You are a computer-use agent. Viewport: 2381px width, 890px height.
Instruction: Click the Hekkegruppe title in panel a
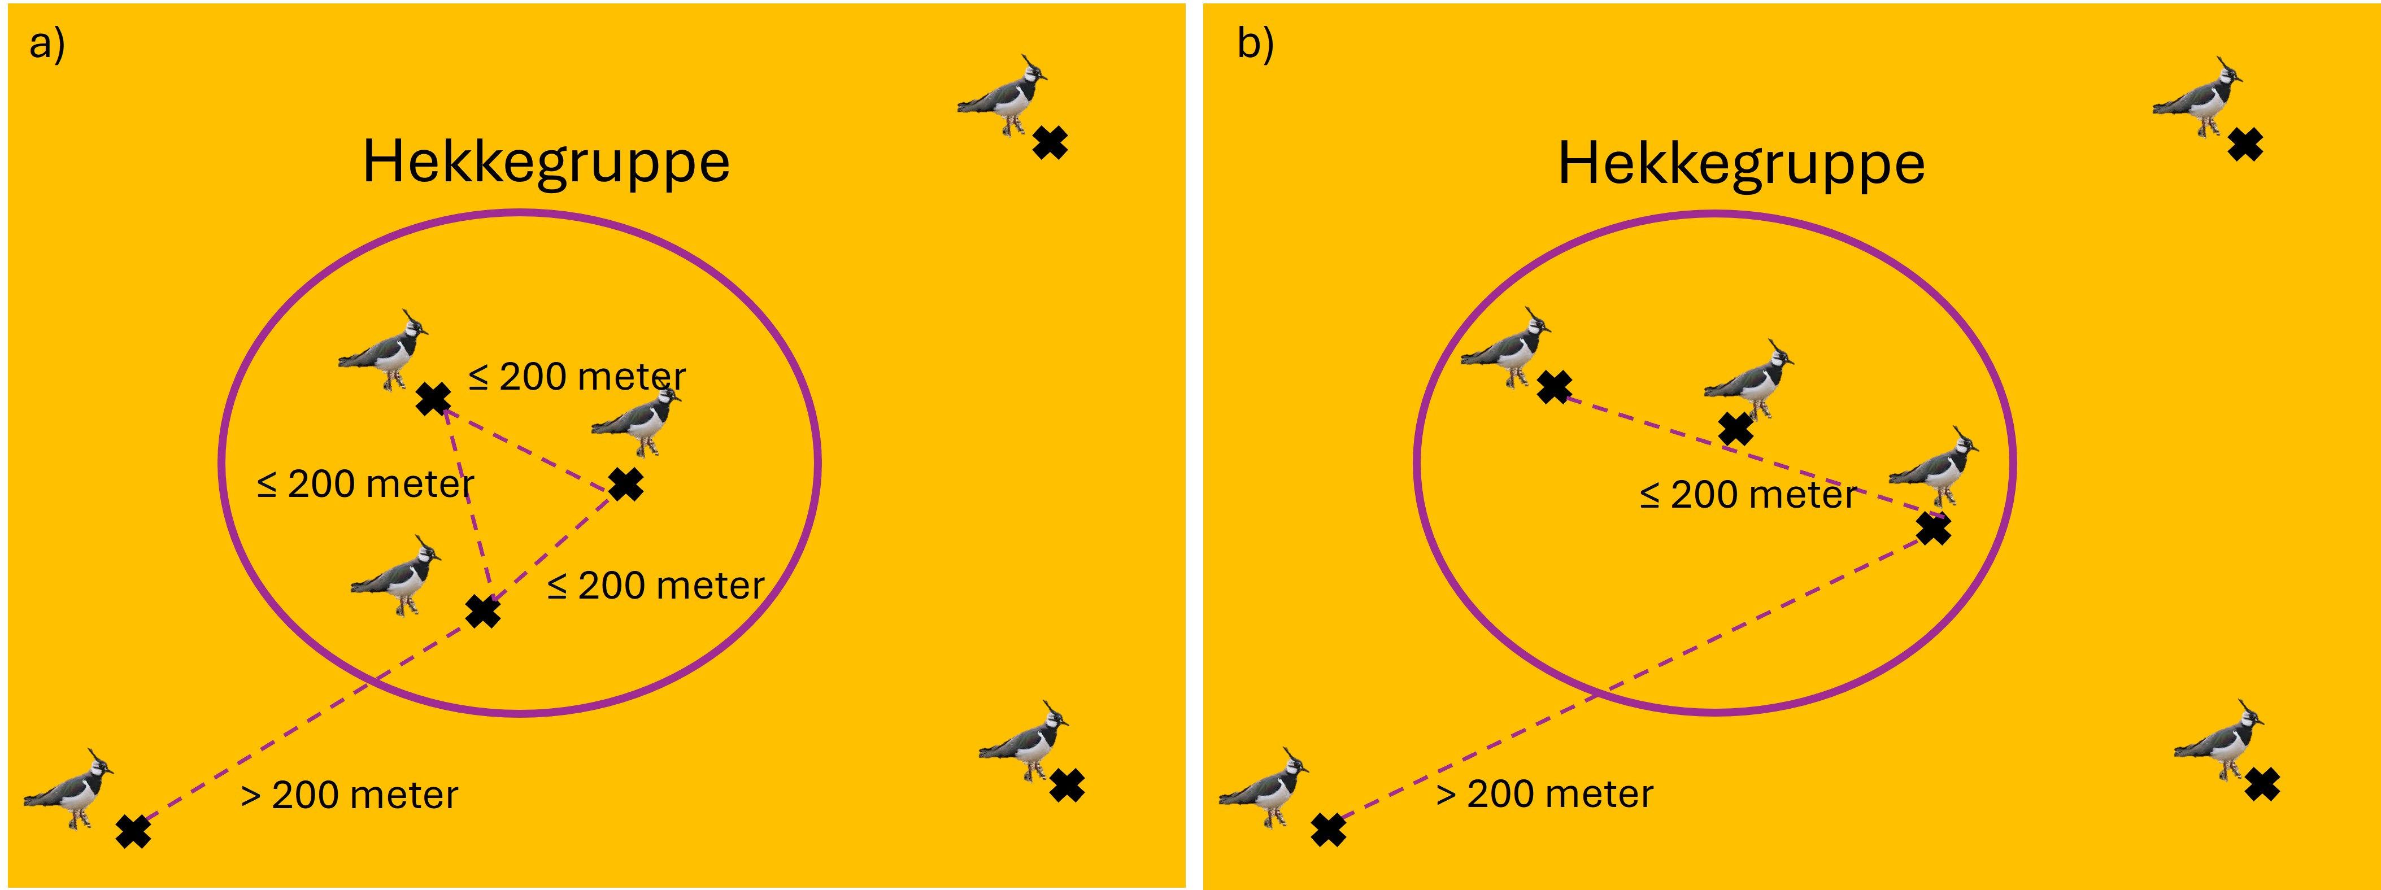546,163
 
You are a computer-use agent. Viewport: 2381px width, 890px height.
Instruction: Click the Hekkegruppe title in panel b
1742,164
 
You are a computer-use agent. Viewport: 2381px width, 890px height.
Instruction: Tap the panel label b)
1255,43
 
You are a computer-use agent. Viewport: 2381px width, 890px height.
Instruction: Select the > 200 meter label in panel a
350,795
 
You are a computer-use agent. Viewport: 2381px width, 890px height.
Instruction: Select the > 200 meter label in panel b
1544,794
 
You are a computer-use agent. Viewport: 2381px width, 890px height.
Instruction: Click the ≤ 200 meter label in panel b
1748,495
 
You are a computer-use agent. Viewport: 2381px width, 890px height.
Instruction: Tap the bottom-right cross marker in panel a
1067,786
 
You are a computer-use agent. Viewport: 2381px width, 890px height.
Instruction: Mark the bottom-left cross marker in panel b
1328,830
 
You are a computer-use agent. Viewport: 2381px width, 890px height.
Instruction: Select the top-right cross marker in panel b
2245,144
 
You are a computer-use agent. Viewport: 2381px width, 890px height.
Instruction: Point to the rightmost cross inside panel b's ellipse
1932,529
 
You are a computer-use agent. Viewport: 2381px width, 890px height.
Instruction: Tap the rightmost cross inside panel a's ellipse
626,485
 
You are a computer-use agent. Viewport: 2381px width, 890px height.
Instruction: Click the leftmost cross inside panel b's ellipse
1554,387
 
